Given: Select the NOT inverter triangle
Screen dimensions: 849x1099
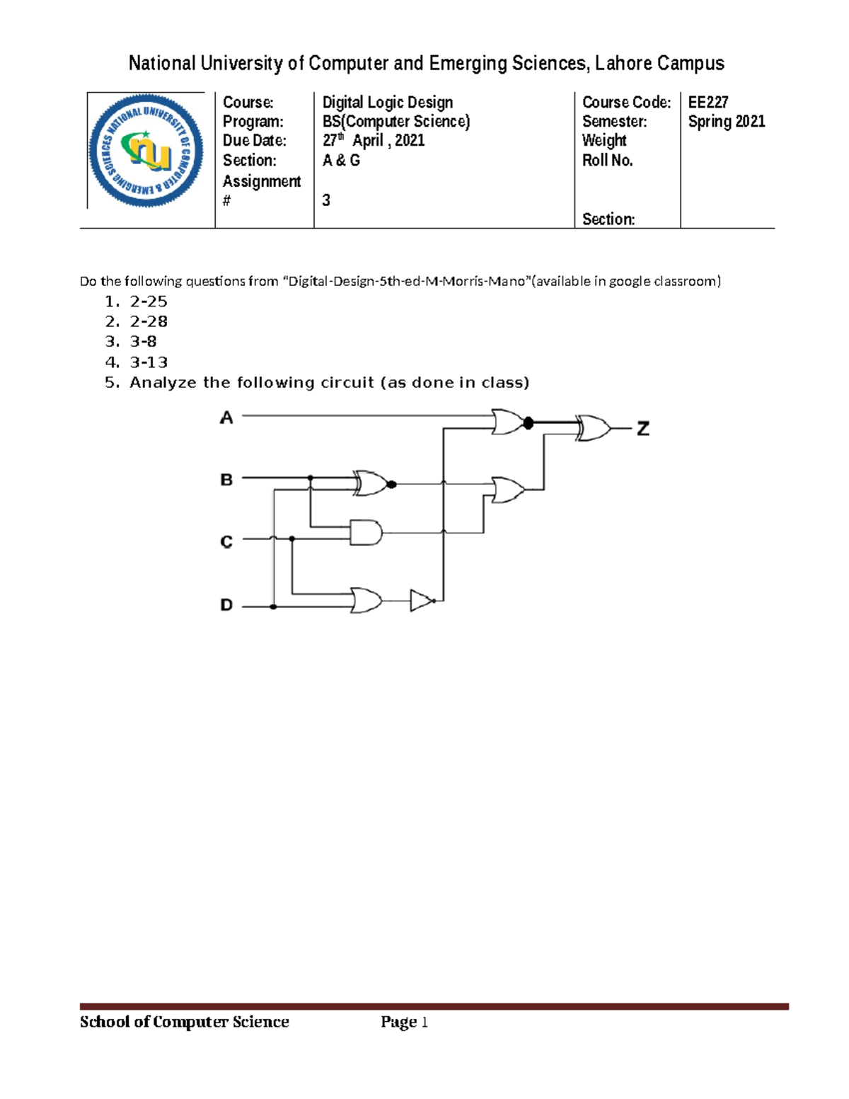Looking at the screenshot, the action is (422, 601).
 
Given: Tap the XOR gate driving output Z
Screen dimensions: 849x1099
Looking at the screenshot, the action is (594, 428).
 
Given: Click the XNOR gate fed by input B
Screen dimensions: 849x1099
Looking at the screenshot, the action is (372, 483).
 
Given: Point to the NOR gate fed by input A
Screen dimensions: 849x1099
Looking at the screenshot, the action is (509, 422).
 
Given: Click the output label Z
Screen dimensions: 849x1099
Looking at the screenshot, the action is (642, 428).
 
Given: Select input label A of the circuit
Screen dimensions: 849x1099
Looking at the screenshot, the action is (226, 418).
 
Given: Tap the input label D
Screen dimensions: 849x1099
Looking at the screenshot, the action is (226, 605).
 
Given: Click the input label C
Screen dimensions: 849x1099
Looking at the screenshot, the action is (226, 542).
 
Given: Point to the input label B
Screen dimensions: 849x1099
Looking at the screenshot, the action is (226, 480).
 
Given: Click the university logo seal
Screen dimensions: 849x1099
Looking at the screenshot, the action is (146, 151).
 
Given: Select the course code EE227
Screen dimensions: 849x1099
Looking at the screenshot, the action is (708, 103).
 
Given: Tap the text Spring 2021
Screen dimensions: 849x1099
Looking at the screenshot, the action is (727, 122).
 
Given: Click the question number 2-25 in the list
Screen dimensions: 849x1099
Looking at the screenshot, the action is (149, 301).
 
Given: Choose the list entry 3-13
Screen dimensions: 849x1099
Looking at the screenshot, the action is (149, 362).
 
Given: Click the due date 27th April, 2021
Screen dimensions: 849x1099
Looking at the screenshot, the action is (374, 140).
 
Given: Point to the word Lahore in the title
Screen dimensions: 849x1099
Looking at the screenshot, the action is (623, 64).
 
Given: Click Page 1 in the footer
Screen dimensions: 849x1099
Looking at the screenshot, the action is (404, 1022).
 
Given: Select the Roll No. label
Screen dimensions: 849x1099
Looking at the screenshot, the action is (607, 161).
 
